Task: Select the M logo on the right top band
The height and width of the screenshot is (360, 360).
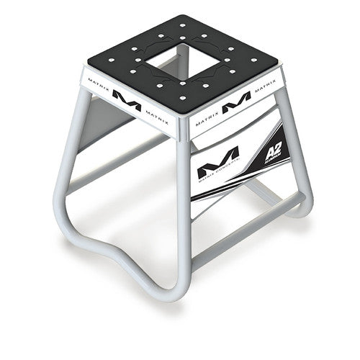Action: tap(236, 105)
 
